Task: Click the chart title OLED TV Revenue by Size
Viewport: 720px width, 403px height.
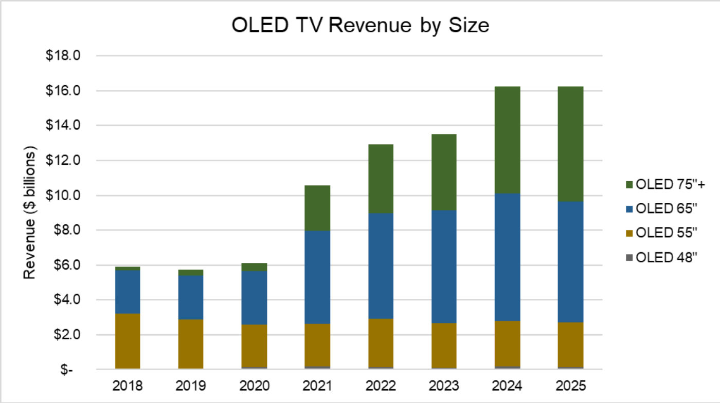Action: click(x=360, y=25)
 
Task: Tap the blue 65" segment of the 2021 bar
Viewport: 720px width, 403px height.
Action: click(x=317, y=277)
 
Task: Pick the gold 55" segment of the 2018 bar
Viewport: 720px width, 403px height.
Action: click(x=128, y=341)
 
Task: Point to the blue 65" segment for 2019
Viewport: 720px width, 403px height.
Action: click(x=191, y=298)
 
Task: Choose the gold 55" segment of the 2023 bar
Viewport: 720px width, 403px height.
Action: click(x=444, y=346)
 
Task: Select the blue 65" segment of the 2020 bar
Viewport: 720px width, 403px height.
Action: click(x=254, y=298)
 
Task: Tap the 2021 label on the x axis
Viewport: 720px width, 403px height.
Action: click(x=317, y=385)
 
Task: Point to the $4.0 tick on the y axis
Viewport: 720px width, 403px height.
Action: click(x=66, y=300)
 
